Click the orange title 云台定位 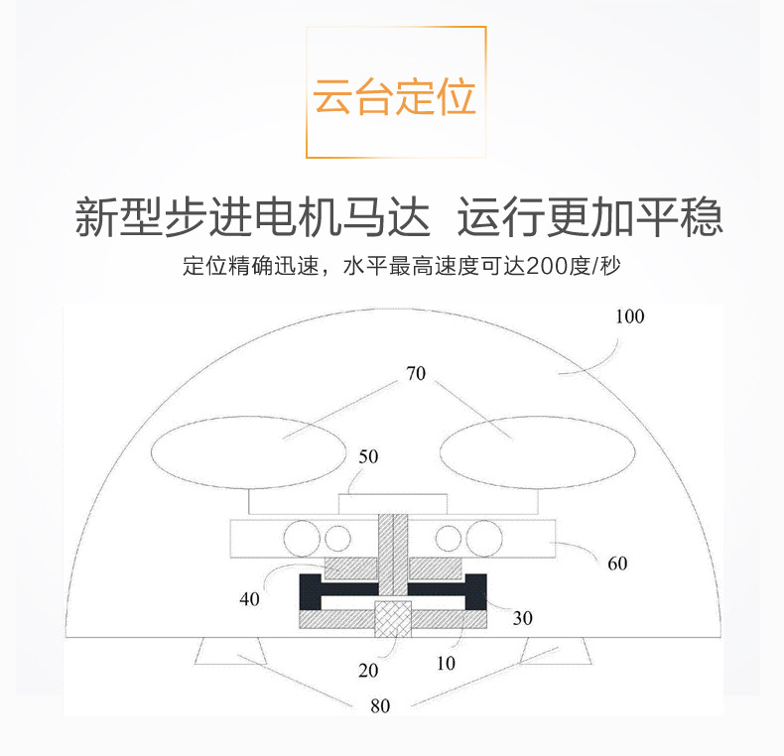pos(395,97)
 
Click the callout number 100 pos(629,317)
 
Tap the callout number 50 pos(368,457)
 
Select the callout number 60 pos(617,564)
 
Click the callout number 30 pos(523,618)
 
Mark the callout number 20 pos(368,670)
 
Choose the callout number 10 pos(446,663)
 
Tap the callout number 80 pos(380,706)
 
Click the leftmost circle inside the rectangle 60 pos(301,537)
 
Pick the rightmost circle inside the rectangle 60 pos(484,537)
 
